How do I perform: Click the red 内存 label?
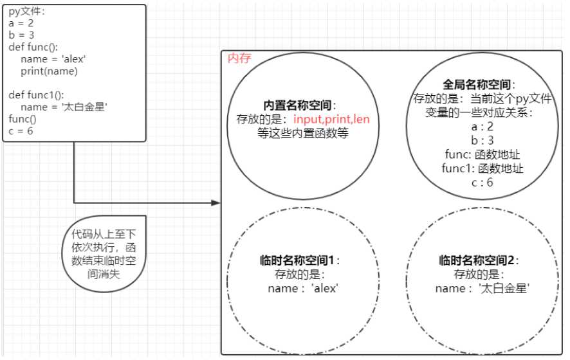click(x=239, y=58)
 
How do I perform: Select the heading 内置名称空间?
click(x=297, y=105)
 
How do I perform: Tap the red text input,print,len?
click(x=331, y=120)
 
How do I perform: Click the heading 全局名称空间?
click(x=476, y=85)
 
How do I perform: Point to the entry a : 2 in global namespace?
click(x=483, y=127)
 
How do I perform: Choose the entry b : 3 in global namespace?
click(x=483, y=140)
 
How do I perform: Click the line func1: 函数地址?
click(x=483, y=168)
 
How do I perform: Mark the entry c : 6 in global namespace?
click(x=483, y=182)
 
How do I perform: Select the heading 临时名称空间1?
click(x=297, y=260)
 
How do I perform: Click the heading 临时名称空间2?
click(x=477, y=260)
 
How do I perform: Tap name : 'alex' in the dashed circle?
click(x=303, y=289)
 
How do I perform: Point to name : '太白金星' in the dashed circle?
click(x=483, y=289)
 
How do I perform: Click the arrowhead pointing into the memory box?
click(x=216, y=203)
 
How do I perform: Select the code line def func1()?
click(x=37, y=95)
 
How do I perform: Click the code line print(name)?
click(x=49, y=71)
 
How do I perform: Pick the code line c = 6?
click(x=21, y=131)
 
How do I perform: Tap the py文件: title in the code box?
click(x=26, y=12)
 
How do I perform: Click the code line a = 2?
click(x=21, y=23)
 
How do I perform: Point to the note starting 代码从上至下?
click(x=104, y=253)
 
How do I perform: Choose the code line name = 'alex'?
click(x=53, y=59)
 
